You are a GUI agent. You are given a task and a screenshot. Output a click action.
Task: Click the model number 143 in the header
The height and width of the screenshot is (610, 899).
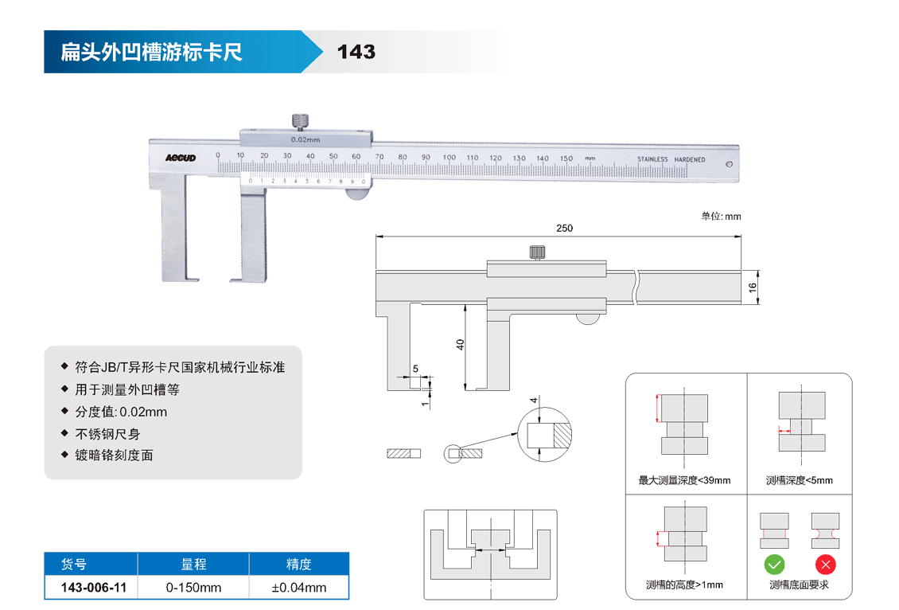tap(356, 53)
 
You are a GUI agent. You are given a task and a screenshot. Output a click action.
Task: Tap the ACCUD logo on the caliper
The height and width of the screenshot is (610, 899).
tap(180, 158)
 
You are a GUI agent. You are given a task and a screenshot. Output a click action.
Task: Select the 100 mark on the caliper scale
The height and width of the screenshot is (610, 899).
tap(449, 158)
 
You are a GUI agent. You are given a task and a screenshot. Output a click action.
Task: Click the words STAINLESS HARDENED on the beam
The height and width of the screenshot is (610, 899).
tap(671, 159)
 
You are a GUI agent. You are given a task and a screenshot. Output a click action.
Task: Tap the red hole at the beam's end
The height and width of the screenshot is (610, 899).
tap(730, 165)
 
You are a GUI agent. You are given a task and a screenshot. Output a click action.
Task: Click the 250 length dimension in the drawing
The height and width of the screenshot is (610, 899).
tap(564, 229)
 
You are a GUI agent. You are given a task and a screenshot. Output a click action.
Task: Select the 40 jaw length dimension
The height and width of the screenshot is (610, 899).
tap(460, 344)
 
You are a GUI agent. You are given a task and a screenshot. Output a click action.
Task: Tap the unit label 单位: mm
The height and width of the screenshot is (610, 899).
tap(721, 217)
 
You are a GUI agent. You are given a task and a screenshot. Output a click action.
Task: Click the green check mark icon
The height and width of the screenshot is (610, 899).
tap(774, 565)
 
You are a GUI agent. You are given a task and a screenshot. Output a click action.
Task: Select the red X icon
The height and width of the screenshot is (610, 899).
tap(826, 565)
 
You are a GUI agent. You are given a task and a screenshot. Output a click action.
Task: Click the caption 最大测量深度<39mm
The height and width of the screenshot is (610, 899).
tap(684, 480)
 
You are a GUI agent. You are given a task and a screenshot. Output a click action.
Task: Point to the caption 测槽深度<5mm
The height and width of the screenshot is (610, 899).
tap(799, 480)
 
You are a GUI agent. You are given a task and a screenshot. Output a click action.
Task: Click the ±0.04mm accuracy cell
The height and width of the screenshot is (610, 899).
tap(298, 588)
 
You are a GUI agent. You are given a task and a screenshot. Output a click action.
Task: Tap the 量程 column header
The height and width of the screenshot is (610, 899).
tap(193, 565)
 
